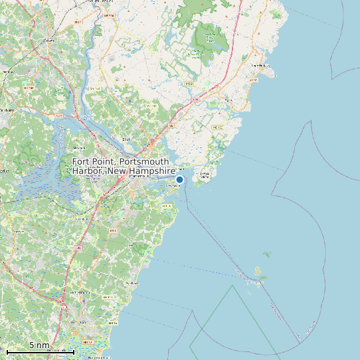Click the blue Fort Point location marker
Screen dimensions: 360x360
179,179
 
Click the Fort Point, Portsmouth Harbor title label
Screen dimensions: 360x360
120,167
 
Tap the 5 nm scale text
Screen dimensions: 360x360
39,345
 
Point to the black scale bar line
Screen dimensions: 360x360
40,351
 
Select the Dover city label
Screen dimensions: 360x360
48,40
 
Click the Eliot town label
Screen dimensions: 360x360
126,139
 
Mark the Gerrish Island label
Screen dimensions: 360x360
205,174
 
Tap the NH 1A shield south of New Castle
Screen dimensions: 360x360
167,207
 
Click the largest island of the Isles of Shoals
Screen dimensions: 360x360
258,272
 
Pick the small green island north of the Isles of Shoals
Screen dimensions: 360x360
267,254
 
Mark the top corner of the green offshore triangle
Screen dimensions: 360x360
232,286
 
